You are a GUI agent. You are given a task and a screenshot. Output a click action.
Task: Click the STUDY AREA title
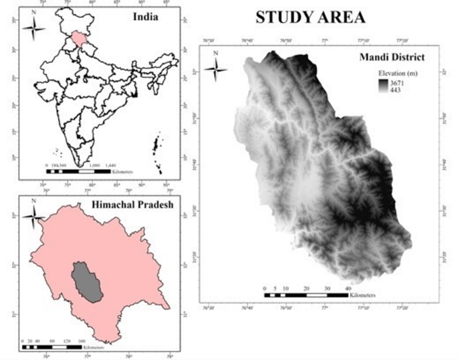pyautogui.click(x=310, y=17)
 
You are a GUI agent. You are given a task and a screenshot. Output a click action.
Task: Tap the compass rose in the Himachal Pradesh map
pyautogui.click(x=34, y=213)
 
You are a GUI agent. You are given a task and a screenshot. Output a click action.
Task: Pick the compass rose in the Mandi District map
pyautogui.click(x=215, y=67)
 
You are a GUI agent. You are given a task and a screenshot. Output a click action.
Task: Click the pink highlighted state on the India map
pyautogui.click(x=80, y=39)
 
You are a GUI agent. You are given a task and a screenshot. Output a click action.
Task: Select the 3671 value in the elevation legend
pyautogui.click(x=396, y=81)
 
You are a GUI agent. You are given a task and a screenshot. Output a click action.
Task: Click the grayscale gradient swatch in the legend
pyautogui.click(x=382, y=85)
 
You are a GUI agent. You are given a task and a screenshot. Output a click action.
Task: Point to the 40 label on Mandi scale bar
pyautogui.click(x=348, y=288)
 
